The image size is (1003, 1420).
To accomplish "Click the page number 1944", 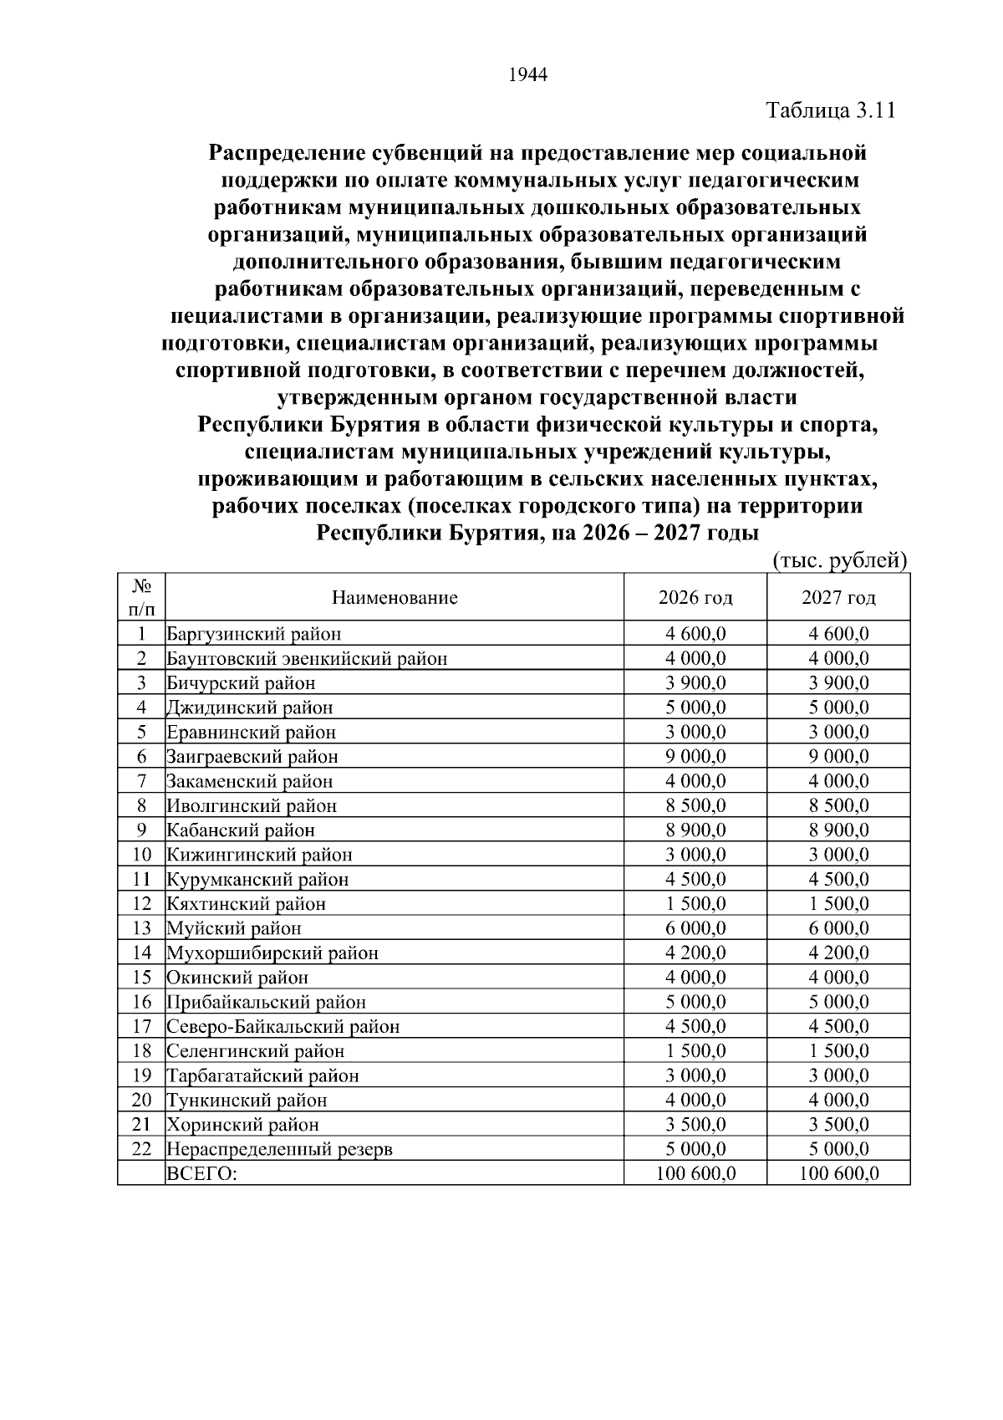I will (x=527, y=75).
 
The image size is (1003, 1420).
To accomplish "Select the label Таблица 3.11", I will (x=831, y=111).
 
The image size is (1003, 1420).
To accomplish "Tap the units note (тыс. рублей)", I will (x=839, y=559).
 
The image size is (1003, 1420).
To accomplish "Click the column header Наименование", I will (x=395, y=598).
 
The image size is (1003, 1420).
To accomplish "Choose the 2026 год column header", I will (x=695, y=598).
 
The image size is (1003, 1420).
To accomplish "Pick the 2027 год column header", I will (x=838, y=598).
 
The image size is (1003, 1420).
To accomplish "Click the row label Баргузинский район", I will (x=254, y=634).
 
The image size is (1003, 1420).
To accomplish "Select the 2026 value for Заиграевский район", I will (x=695, y=757).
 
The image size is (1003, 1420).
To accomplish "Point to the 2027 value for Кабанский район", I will (x=838, y=830).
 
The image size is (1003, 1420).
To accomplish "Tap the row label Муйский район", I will (x=234, y=928).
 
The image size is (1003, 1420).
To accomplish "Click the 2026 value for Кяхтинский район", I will (x=695, y=904).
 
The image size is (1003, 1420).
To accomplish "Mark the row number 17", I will (x=141, y=1026).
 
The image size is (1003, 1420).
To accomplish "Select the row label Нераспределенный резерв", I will (x=280, y=1149).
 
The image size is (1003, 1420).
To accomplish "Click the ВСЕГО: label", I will (x=202, y=1173).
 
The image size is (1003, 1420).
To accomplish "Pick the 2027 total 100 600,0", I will (x=838, y=1173).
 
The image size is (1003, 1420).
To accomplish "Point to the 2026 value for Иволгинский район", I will (x=695, y=806).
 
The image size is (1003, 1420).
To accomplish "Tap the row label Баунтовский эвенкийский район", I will (x=307, y=659).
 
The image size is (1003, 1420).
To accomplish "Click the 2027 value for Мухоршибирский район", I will (x=838, y=953).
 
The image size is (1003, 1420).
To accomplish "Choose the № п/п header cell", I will (x=141, y=597).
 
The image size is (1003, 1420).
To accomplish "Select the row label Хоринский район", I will (x=243, y=1125).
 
